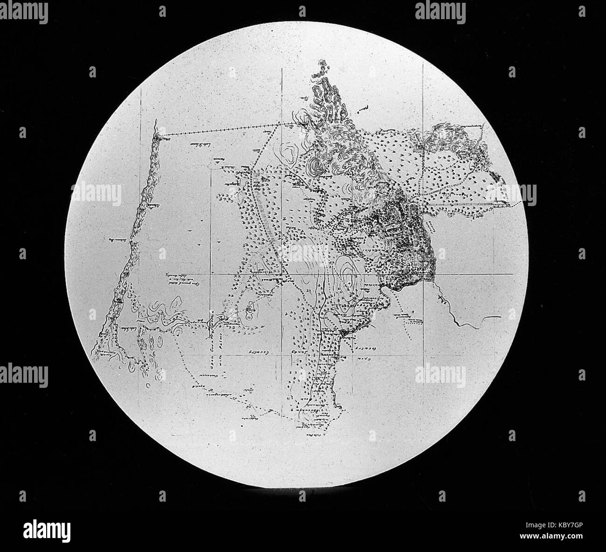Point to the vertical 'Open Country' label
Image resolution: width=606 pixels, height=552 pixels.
pyautogui.click(x=210, y=359)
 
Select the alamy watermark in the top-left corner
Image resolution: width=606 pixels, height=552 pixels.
pyautogui.click(x=24, y=12)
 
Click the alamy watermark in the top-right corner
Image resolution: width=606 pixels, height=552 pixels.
pyautogui.click(x=440, y=12)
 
